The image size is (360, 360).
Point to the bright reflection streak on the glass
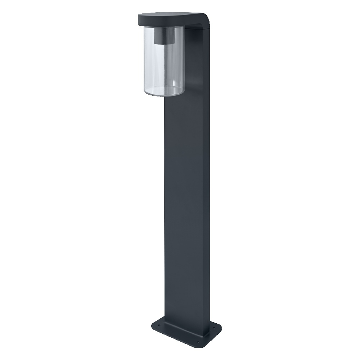[x=151, y=65]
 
